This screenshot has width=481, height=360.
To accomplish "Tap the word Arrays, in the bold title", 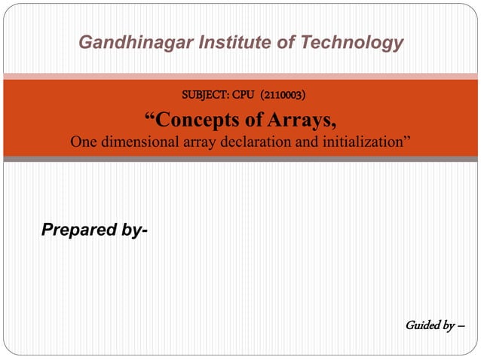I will click(302, 120).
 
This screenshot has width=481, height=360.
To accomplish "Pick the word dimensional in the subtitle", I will click(138, 142).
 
